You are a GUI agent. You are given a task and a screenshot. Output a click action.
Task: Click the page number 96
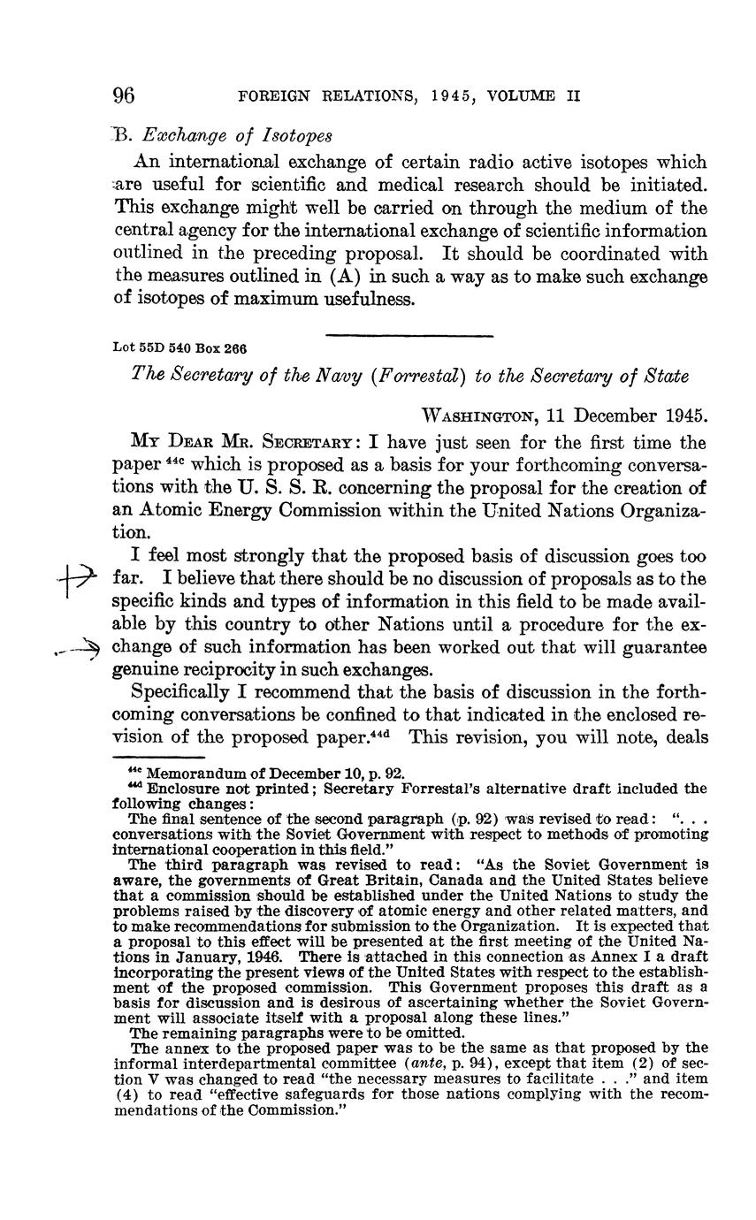point(123,95)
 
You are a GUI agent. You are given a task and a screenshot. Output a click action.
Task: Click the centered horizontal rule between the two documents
point(409,335)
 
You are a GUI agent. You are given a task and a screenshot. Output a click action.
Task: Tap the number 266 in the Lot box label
point(234,348)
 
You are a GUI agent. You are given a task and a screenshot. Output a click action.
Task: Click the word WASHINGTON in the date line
point(479,416)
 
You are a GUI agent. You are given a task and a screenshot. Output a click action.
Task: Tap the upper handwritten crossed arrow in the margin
point(76,580)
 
